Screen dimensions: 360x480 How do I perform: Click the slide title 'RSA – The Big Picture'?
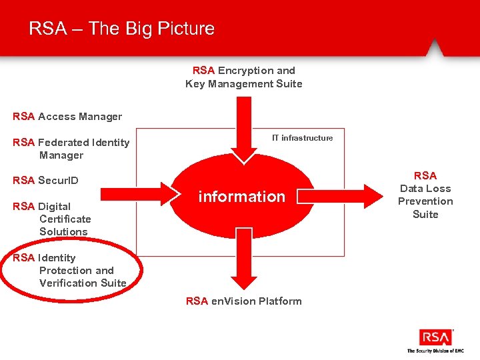tap(121, 29)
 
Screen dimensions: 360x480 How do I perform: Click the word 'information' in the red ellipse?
tap(241, 197)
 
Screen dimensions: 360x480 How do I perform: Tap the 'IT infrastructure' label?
tap(302, 138)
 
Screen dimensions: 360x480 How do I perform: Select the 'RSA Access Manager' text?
tap(67, 117)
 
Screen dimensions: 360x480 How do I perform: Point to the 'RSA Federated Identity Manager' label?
tap(71, 149)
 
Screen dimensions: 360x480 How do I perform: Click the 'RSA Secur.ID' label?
tap(45, 181)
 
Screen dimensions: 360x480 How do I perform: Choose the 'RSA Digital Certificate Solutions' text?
tap(52, 219)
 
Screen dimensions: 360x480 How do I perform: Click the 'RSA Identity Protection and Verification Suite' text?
tap(69, 271)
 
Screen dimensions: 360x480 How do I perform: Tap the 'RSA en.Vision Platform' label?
tap(243, 301)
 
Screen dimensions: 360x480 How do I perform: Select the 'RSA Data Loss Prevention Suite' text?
tap(425, 195)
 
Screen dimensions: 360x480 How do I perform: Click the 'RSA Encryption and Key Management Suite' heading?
tap(243, 77)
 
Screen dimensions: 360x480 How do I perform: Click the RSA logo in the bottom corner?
tap(435, 337)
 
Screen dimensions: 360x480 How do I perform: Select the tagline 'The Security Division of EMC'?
tap(435, 351)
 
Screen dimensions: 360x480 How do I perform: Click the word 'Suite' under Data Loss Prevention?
tap(425, 214)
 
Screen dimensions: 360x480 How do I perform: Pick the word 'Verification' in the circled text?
tap(65, 283)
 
